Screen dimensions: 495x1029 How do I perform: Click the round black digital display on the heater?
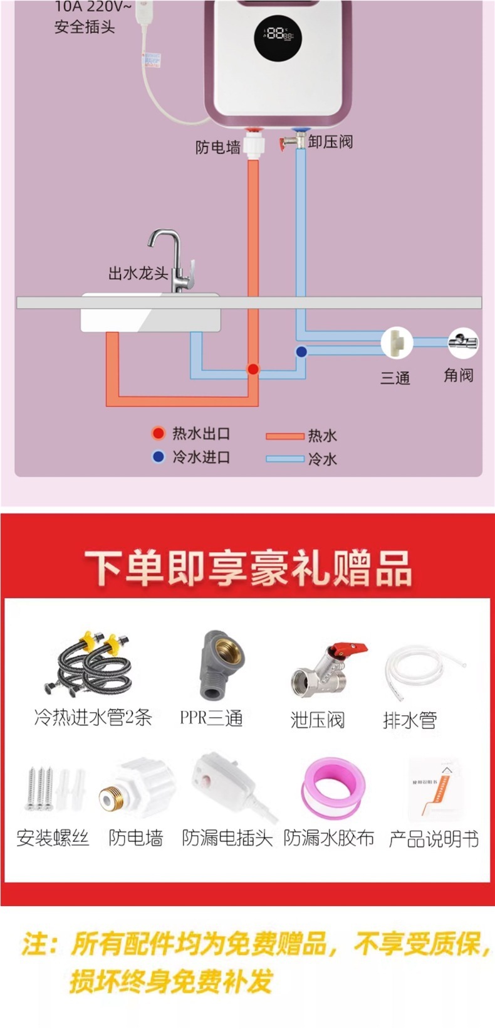[x=278, y=36]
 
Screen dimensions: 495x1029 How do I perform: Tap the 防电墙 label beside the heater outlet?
[x=217, y=147]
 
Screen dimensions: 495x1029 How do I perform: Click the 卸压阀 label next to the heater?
[x=330, y=142]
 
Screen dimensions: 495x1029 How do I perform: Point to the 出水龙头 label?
[x=138, y=274]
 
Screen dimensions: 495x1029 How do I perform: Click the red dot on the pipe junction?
[x=253, y=369]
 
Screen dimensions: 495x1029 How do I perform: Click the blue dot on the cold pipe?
[x=301, y=351]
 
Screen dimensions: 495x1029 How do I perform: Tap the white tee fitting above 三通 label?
[x=396, y=343]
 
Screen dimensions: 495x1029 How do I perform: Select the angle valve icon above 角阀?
[x=462, y=343]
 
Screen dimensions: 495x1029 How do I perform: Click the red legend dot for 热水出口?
[x=159, y=433]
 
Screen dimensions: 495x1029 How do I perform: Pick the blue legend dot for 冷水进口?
[x=159, y=457]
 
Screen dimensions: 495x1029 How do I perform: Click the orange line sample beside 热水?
[x=284, y=436]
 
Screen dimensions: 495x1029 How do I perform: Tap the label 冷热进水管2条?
[x=93, y=718]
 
